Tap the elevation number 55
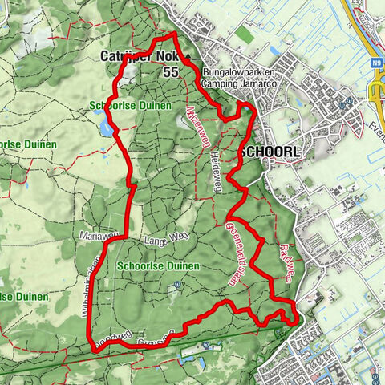click(x=170, y=72)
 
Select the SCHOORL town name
click(x=269, y=152)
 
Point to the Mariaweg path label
click(x=99, y=236)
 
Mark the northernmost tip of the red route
click(x=171, y=36)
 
